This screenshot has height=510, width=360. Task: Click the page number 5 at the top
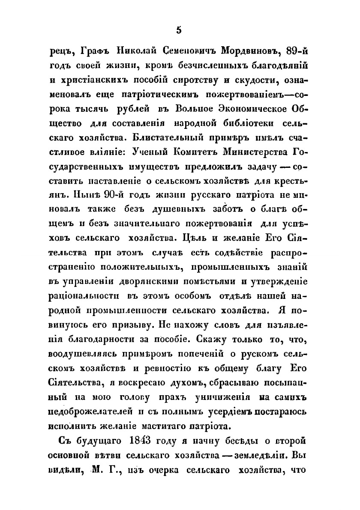tap(179, 30)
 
